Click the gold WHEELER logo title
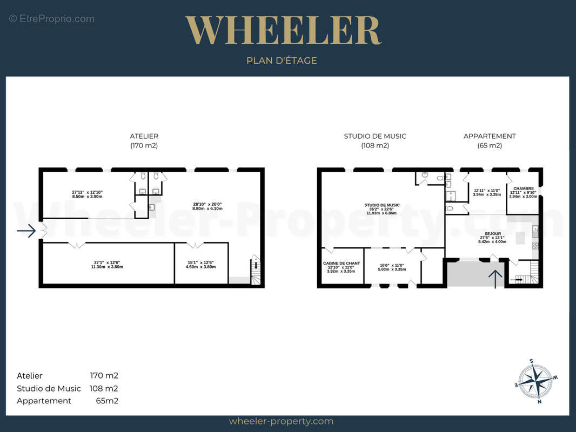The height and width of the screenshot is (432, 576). coord(283,30)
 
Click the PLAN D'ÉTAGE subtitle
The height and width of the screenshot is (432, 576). coord(282,60)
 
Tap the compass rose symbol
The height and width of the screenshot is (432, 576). coord(536,381)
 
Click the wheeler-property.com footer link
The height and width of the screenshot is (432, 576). coord(281,421)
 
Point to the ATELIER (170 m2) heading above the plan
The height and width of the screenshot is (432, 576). coord(144,140)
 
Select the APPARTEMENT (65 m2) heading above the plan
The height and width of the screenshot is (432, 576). coord(490,140)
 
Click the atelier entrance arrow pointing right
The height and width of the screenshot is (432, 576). coord(26,231)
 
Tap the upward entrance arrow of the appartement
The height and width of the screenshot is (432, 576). coord(495,279)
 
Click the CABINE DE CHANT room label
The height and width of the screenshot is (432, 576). coord(341,263)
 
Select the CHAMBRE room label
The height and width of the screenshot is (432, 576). coord(524,188)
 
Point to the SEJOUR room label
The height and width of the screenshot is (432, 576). coord(493,233)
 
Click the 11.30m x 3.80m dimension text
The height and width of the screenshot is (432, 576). coord(107,267)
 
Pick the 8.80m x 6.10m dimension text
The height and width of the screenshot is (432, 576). coord(207,208)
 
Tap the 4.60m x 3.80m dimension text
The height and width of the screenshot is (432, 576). coord(200,267)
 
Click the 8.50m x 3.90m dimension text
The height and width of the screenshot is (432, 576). coord(87,197)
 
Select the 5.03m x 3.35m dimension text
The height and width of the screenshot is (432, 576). coord(392,269)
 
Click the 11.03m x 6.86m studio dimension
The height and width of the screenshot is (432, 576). coord(381,213)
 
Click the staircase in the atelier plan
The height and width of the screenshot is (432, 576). coord(256,270)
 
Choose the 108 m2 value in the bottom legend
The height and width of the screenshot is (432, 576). coord(104,388)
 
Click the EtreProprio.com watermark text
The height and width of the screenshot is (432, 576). coord(51,19)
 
